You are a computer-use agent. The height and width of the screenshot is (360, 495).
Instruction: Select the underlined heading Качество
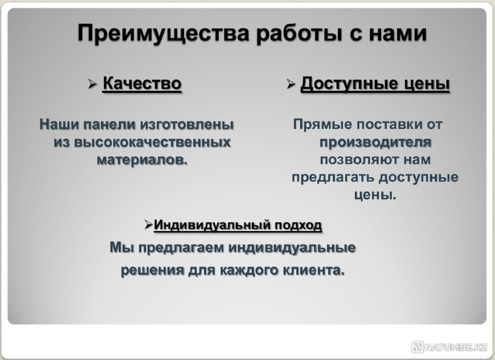142,84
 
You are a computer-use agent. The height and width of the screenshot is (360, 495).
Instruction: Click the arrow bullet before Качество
92,84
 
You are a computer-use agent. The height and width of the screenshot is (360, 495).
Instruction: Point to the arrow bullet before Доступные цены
291,84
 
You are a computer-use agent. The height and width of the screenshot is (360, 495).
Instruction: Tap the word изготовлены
187,125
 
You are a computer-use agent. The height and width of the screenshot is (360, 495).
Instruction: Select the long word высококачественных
152,142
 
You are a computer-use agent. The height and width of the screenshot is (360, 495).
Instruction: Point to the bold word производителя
375,142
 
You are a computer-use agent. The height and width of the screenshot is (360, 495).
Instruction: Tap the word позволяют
359,160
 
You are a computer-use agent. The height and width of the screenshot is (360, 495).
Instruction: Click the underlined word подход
299,225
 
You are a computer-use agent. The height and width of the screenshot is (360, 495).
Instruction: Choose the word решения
152,270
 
